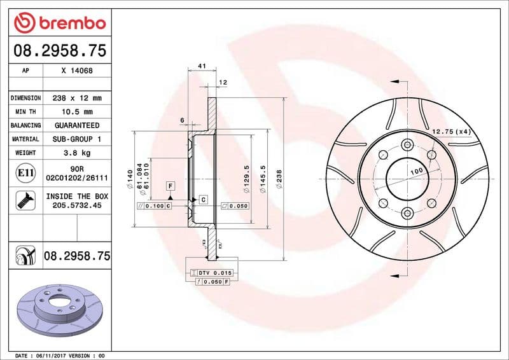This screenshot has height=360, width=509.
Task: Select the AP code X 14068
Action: pos(77,71)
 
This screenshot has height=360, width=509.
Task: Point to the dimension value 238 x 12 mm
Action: pos(77,98)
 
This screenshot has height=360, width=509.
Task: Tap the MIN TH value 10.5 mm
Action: pos(77,112)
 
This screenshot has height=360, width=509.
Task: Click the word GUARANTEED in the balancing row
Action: pos(77,125)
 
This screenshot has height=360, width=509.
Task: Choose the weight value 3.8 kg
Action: pos(77,153)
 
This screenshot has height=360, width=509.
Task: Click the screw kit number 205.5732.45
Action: pos(77,206)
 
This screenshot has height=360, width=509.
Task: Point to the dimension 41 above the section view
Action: pos(202,66)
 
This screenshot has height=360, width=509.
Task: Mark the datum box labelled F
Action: pos(170,186)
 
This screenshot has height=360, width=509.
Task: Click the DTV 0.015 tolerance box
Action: pos(211,273)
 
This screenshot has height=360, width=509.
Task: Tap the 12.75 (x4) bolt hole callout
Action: pos(450,132)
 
